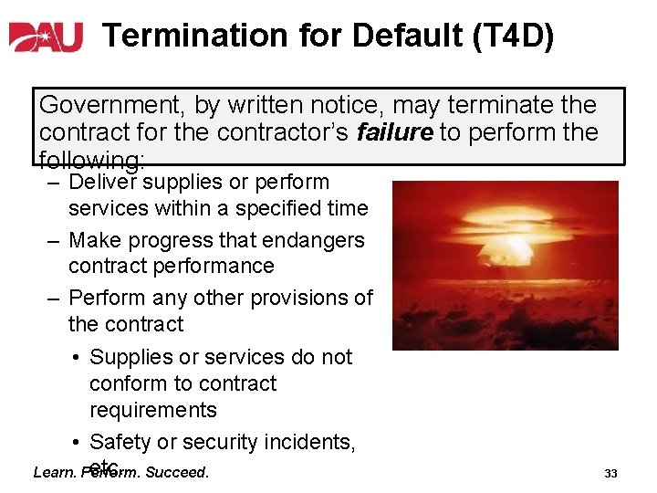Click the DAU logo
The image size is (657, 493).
point(46,36)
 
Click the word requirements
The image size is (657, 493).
point(153,410)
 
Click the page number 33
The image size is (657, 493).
point(611,474)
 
